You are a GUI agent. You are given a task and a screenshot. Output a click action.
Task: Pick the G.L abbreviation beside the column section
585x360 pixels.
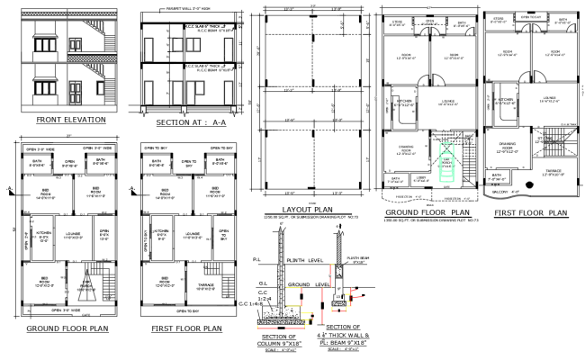pos(255,281)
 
